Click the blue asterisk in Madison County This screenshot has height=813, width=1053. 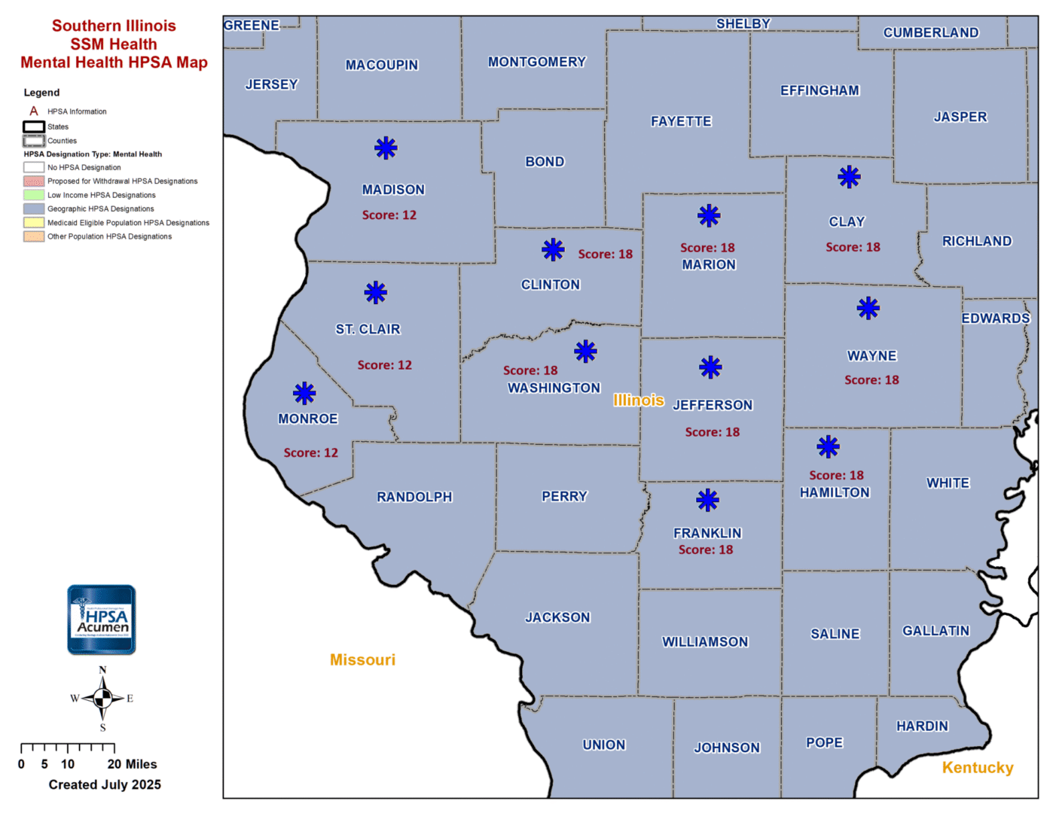tap(386, 148)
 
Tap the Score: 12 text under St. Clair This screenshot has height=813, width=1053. tap(384, 365)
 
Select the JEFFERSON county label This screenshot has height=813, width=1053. tap(713, 405)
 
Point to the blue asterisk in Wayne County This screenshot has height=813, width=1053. tap(868, 308)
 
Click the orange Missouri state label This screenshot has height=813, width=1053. tap(362, 660)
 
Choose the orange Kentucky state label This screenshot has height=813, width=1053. tap(978, 768)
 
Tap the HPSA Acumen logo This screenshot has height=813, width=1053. tap(102, 620)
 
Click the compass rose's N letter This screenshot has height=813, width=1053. tap(102, 670)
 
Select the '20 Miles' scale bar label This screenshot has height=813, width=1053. tap(133, 764)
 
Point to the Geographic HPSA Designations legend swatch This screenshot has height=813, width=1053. tap(34, 209)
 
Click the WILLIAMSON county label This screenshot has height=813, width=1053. tap(705, 642)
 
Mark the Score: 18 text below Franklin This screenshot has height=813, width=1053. tap(706, 550)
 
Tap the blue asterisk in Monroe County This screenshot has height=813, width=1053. tap(304, 393)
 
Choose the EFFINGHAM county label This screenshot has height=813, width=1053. tap(820, 91)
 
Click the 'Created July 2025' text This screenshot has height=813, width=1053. tap(105, 784)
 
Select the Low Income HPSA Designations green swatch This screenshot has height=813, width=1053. tap(34, 195)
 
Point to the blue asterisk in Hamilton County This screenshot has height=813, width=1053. tap(828, 446)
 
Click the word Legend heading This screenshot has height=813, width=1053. tap(41, 93)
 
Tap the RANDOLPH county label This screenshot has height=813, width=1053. tap(414, 497)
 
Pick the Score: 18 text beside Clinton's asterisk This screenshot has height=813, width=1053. tap(605, 254)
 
